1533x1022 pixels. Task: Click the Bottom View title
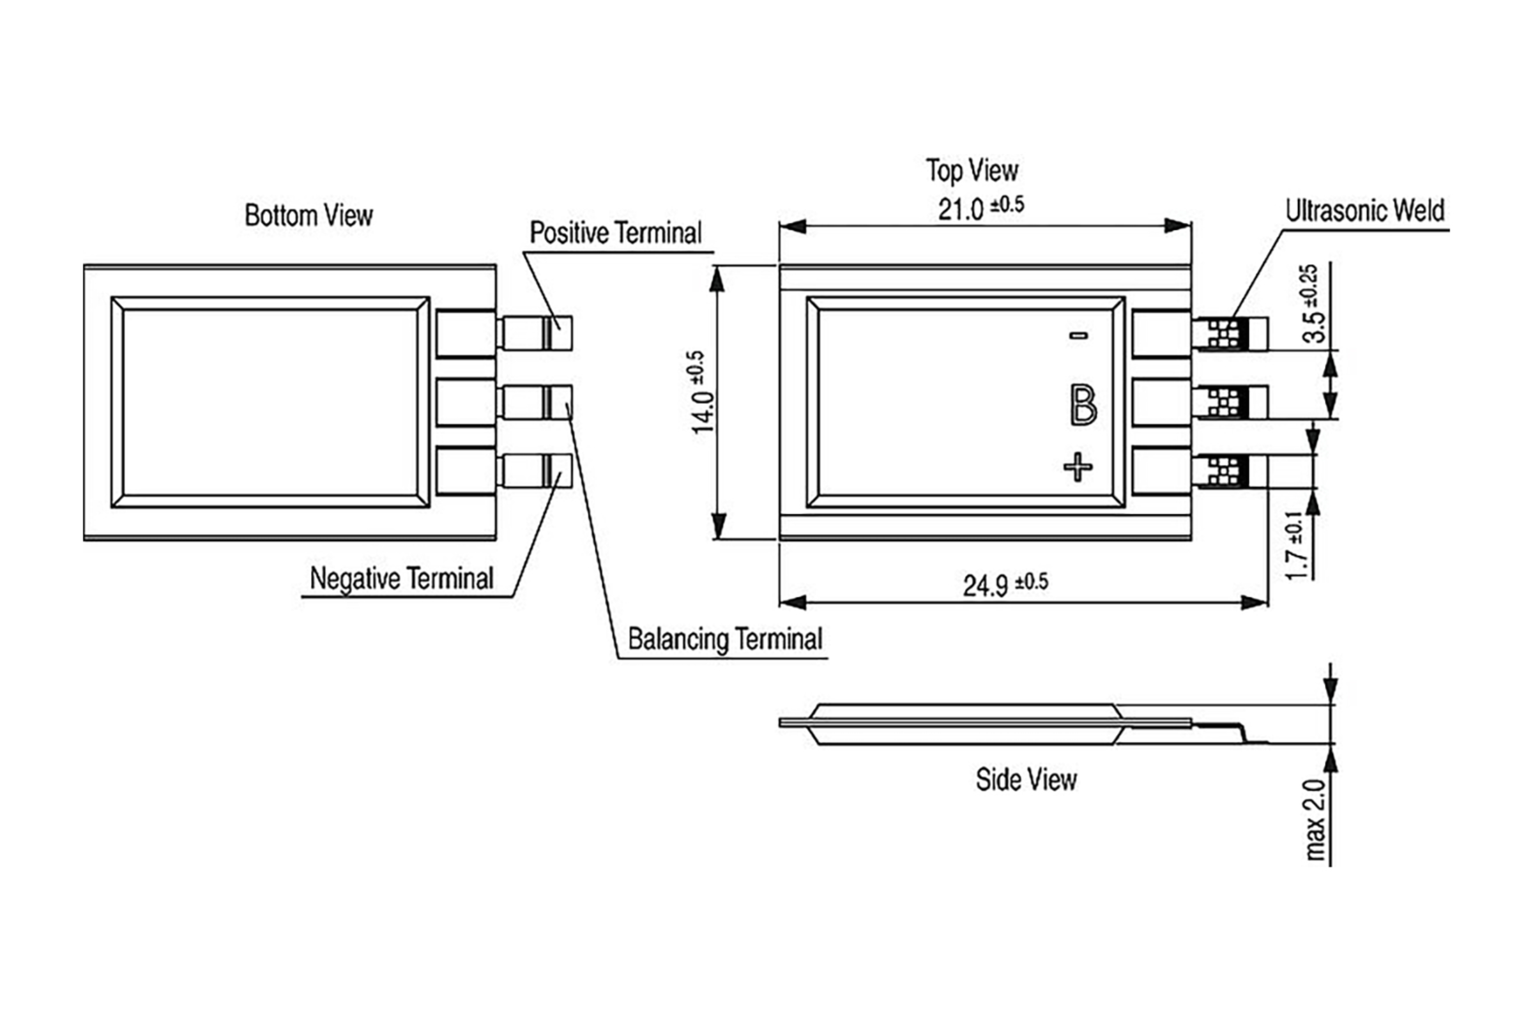(x=309, y=216)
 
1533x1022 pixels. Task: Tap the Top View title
(x=972, y=171)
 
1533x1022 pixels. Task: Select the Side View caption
(x=1026, y=779)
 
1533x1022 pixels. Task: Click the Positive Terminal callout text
(x=615, y=233)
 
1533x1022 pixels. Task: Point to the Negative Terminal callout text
(x=402, y=579)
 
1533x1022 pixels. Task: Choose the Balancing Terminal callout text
(x=725, y=639)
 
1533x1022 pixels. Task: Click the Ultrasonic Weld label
(x=1365, y=211)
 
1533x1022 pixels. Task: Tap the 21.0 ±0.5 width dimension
(x=980, y=209)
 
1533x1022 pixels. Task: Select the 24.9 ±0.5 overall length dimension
(x=1005, y=584)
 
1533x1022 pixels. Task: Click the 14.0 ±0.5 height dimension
(x=703, y=392)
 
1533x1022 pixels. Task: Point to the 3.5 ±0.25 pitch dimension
(x=1311, y=304)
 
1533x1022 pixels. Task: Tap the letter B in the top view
(x=1083, y=405)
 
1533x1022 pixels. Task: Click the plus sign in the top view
(x=1078, y=467)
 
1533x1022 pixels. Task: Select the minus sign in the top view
(x=1079, y=336)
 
